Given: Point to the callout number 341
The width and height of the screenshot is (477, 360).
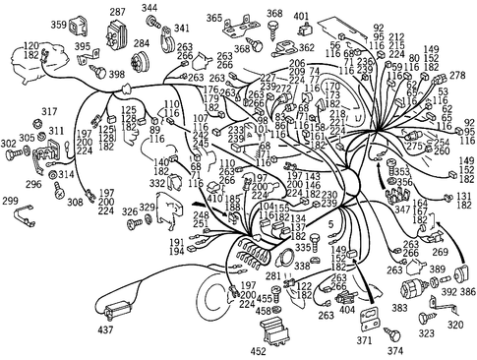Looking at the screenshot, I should pyautogui.click(x=182, y=30).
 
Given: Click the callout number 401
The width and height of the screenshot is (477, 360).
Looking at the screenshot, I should pyautogui.click(x=301, y=17).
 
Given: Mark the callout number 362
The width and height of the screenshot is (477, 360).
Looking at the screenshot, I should pyautogui.click(x=307, y=46).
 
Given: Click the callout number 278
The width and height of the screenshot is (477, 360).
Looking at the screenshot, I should pyautogui.click(x=456, y=76).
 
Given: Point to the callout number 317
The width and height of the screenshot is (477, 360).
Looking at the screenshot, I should pyautogui.click(x=23, y=112).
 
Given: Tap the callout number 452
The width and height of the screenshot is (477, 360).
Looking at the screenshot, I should pyautogui.click(x=259, y=349).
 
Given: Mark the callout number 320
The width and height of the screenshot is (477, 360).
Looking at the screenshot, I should pyautogui.click(x=455, y=323).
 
